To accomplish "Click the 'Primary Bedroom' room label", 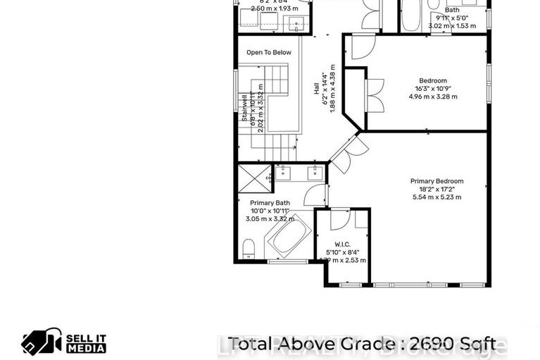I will click(x=437, y=181).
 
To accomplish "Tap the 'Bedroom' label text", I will click(x=433, y=81).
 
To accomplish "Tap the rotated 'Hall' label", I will click(x=317, y=89).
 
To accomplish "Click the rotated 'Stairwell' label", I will click(x=244, y=108).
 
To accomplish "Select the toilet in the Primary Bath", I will click(x=248, y=249).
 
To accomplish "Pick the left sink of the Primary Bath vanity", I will click(x=284, y=171).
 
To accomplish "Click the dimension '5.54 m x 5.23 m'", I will click(x=437, y=197).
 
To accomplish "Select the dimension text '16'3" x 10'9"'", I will click(x=433, y=89).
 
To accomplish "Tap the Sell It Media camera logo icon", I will click(x=42, y=342).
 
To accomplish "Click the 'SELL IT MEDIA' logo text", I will click(x=86, y=342).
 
